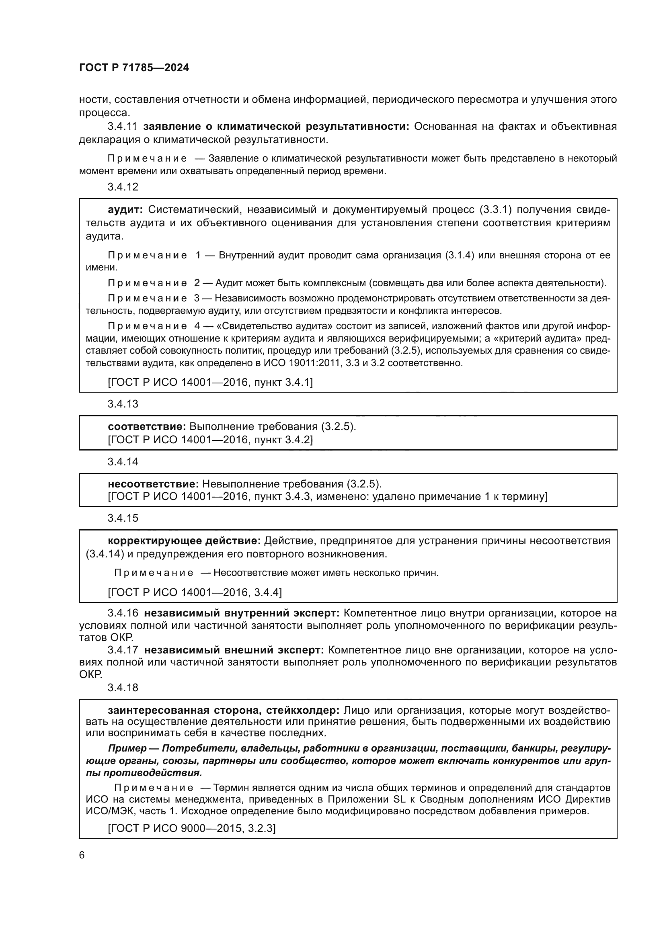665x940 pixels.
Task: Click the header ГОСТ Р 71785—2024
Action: coord(134,68)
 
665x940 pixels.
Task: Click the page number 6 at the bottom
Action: coord(82,855)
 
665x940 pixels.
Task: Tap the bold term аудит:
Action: coord(125,210)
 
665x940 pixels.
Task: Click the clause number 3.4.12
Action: coord(123,187)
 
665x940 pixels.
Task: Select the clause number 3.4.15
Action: coord(123,518)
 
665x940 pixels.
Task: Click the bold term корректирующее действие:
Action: coord(184,541)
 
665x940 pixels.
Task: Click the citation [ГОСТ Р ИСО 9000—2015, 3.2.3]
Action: coord(192,828)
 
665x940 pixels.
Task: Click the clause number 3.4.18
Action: coord(123,687)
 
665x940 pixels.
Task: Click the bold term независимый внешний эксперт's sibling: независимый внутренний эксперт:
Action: coord(242,613)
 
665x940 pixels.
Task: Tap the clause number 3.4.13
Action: coord(123,404)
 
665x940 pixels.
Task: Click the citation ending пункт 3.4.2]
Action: coord(210,440)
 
